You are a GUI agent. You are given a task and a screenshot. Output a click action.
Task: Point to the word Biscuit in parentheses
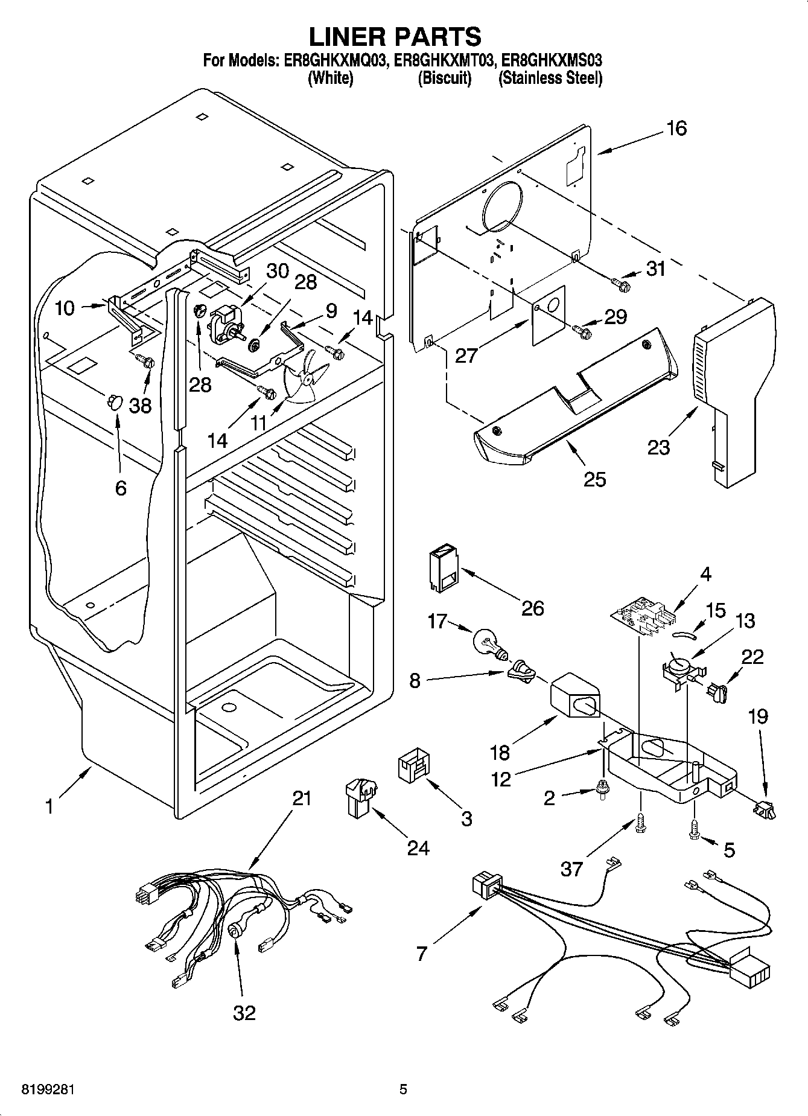(x=444, y=78)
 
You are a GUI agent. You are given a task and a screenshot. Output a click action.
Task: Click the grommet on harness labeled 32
(x=234, y=933)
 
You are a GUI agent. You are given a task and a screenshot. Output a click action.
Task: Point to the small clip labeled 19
(x=763, y=808)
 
